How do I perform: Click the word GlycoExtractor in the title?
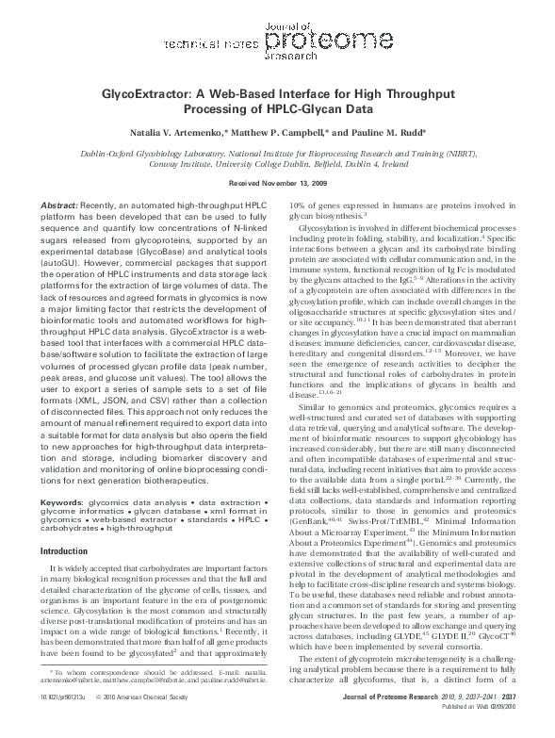[x=150, y=96]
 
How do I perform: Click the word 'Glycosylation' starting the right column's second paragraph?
[x=326, y=227]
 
